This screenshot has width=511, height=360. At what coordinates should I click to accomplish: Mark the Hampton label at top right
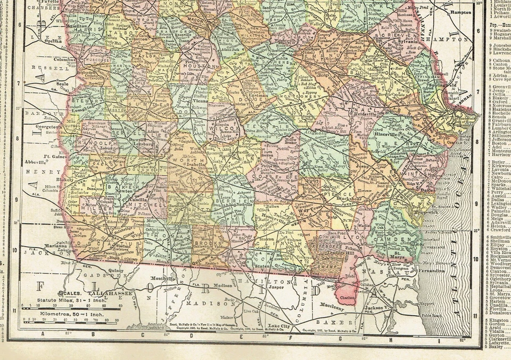(460, 12)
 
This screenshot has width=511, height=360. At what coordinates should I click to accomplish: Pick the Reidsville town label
(364, 114)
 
